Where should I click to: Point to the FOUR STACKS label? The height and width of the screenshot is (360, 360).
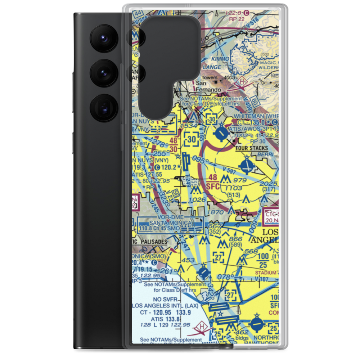point(252,148)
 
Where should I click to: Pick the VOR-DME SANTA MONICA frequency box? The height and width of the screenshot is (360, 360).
point(169,225)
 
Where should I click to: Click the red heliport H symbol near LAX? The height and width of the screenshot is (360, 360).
point(201,328)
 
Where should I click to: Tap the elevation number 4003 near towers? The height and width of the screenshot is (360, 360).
point(229,78)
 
